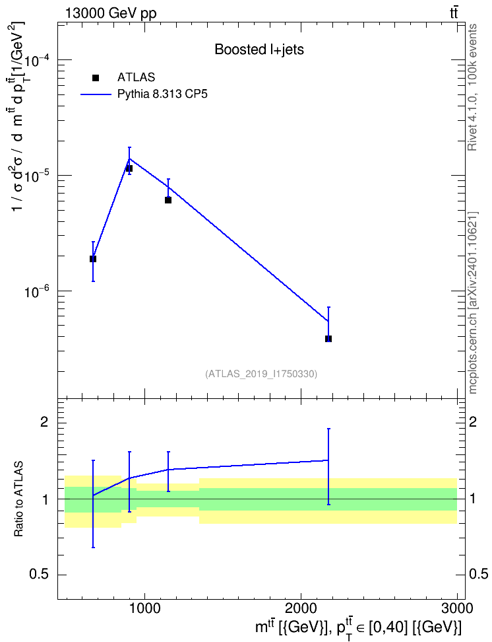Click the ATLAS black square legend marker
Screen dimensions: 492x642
click(x=96, y=78)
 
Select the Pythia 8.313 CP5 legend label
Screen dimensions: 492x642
click(x=162, y=94)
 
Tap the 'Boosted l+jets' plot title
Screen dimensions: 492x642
click(x=259, y=50)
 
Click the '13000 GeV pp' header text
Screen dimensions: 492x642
click(x=110, y=13)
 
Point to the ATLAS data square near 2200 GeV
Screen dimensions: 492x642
click(x=328, y=339)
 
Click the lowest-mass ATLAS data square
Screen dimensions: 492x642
click(x=93, y=259)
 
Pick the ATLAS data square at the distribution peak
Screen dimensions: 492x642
click(x=129, y=168)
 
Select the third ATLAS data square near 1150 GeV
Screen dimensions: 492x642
click(x=168, y=200)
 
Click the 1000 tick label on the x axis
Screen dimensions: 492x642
click(x=144, y=608)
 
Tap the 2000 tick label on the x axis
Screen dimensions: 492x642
click(x=301, y=608)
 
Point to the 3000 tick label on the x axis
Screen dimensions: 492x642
click(x=457, y=608)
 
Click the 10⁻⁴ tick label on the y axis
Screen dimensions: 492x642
click(x=38, y=61)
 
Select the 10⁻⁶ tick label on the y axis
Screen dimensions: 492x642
click(x=38, y=291)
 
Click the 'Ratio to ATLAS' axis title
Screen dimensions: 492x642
click(x=18, y=499)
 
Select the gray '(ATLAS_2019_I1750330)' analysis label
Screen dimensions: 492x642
click(x=261, y=374)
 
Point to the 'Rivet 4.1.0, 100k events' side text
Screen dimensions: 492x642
click(x=472, y=87)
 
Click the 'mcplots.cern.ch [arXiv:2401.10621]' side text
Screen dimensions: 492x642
click(x=472, y=303)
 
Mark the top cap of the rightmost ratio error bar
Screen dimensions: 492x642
click(x=328, y=429)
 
